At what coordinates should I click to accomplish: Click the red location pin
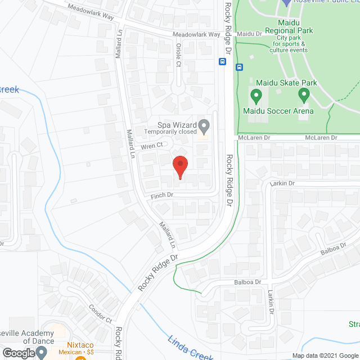click(180, 167)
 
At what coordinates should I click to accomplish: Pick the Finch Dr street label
click(161, 195)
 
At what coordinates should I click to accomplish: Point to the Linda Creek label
click(190, 348)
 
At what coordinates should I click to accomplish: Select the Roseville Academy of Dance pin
click(42, 353)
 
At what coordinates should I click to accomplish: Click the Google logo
click(18, 353)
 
